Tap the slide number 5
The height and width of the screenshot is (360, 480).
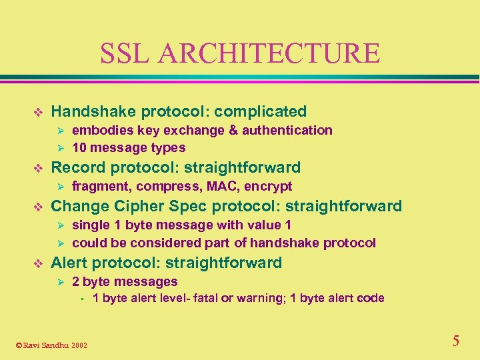click(455, 341)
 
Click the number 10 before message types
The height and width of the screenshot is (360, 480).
click(79, 147)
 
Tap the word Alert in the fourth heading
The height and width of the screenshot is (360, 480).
click(68, 263)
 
